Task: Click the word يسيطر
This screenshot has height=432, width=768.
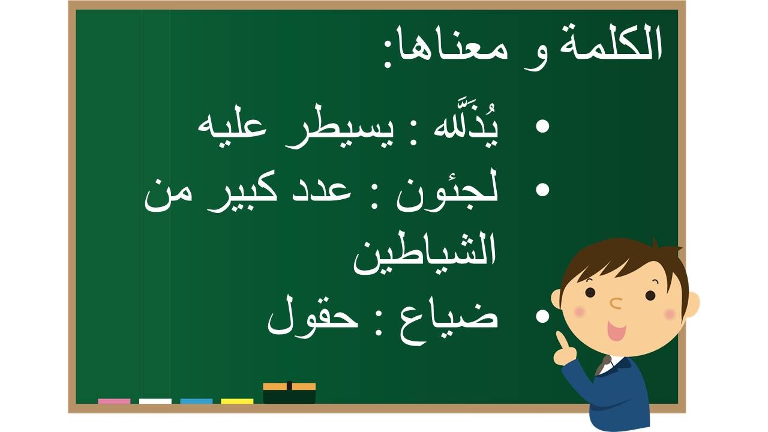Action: click(x=338, y=132)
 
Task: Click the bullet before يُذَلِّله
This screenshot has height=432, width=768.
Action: click(x=542, y=126)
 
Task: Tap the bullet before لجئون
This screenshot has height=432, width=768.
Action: click(x=542, y=190)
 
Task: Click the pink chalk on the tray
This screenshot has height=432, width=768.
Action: click(x=114, y=401)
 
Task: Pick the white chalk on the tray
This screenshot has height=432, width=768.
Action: click(x=155, y=401)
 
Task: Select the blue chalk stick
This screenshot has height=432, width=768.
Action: click(x=196, y=401)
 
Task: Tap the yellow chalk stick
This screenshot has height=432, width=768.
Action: click(x=237, y=401)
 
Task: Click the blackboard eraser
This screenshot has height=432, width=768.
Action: click(x=289, y=393)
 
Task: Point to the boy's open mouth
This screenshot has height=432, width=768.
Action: click(x=616, y=331)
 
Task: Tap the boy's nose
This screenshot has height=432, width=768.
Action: click(x=616, y=303)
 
